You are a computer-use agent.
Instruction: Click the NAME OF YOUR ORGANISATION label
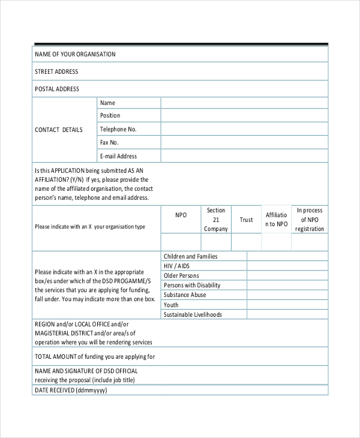pos(75,55)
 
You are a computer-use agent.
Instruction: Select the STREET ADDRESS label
pos(56,72)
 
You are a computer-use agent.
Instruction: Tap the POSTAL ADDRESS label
pos(57,89)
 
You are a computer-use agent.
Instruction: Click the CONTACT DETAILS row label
pos(59,130)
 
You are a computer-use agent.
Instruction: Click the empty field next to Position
pos(244,116)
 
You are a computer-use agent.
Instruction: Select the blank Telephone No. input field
pos(244,130)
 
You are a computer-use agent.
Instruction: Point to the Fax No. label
pos(109,143)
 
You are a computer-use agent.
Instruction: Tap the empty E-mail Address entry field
pos(244,156)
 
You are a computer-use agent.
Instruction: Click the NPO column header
pos(181,215)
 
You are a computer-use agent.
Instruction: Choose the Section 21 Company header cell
pos(216,220)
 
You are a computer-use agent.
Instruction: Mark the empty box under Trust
pos(246,242)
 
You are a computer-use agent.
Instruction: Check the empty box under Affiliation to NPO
pos(276,242)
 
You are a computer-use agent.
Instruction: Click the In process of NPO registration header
pos(310,220)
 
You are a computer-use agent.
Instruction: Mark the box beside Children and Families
pos(287,256)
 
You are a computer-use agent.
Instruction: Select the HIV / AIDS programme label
pos(176,266)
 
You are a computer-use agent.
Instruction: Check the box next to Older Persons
pos(287,275)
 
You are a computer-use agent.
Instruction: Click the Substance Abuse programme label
pos(185,295)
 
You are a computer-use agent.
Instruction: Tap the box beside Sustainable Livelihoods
pos(287,314)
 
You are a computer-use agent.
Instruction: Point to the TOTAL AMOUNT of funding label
pos(95,356)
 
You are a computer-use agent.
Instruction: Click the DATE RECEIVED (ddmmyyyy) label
pos(71,390)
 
